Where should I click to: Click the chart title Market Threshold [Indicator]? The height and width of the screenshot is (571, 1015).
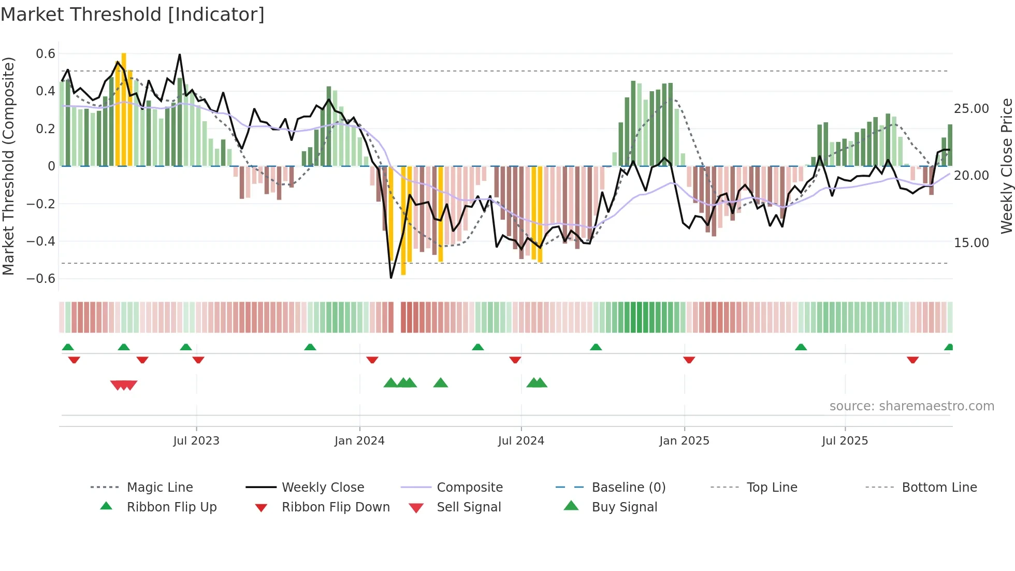point(133,15)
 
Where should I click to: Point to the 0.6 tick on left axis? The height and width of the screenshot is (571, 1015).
point(46,54)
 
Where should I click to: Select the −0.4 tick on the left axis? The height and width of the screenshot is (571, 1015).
point(41,241)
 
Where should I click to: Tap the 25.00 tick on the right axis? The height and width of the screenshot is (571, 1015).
point(971,109)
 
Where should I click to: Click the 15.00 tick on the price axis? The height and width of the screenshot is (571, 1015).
point(971,243)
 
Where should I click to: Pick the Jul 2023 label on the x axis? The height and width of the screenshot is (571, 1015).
point(196,441)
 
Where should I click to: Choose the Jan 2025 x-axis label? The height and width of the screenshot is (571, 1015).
point(684,441)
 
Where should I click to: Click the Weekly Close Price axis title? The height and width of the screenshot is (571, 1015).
point(1006,166)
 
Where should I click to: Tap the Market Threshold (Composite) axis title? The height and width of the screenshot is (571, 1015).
point(8,166)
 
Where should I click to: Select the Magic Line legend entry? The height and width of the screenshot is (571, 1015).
point(160,488)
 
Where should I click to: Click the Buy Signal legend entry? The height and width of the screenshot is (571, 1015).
point(624,507)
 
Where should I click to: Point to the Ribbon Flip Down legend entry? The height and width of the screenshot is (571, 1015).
point(335,507)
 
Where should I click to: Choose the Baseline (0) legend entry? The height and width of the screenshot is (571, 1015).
point(628,488)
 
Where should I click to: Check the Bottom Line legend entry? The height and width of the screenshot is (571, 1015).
point(939,488)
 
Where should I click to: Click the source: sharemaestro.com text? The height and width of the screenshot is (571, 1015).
point(911,406)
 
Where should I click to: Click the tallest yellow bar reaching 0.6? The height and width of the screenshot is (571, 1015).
point(124,109)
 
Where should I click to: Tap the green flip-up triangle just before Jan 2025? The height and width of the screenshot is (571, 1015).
point(596,347)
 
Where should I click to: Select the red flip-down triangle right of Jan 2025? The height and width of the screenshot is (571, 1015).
point(689,360)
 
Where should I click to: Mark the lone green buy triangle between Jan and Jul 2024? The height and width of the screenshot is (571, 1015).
point(440,383)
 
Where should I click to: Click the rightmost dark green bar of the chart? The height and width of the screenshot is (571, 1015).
point(950,145)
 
